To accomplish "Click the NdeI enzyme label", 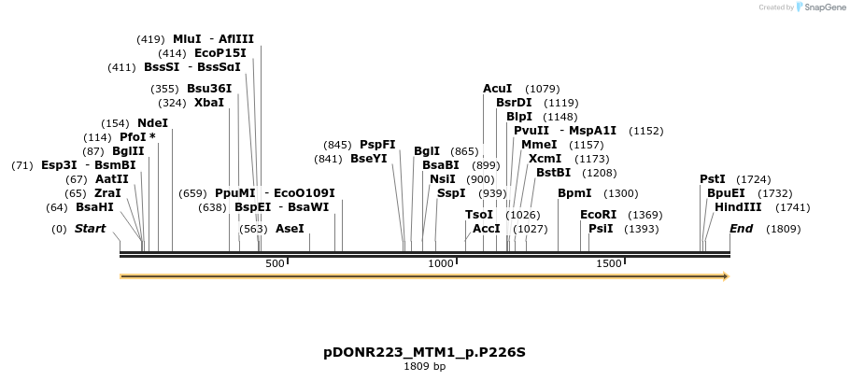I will [x=152, y=123].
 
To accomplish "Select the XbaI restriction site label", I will [x=208, y=103].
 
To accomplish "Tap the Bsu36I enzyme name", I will [x=209, y=89].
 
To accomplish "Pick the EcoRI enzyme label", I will [x=598, y=215].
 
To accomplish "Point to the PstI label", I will [x=713, y=179].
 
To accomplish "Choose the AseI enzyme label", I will [x=290, y=229].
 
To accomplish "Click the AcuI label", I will [x=497, y=89].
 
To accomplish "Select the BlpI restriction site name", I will [x=519, y=117].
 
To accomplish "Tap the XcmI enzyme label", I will [x=545, y=159].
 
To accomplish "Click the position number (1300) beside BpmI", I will [x=621, y=193].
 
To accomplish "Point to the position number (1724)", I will [x=754, y=179].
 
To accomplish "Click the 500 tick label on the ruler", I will [x=275, y=264].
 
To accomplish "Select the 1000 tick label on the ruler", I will [x=440, y=264].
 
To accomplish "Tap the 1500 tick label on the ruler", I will [x=609, y=264].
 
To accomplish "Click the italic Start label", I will [x=90, y=229].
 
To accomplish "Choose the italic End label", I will [x=741, y=229].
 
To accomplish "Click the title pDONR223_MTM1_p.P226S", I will [x=425, y=352].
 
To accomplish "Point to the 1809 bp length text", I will [x=425, y=366].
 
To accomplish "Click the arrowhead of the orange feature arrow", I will [x=725, y=276].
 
